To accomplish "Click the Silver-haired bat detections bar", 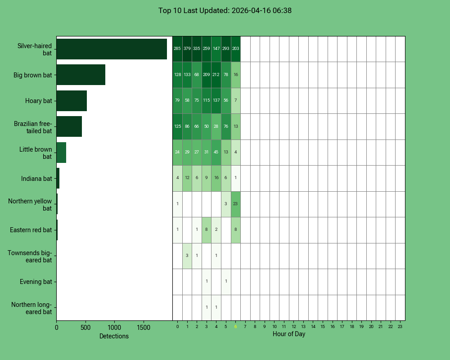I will pos(112,49).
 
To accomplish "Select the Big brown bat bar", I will pos(81,75).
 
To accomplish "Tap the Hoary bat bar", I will pos(72,101).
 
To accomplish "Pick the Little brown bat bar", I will pos(61,153).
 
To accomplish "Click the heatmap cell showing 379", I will pos(187,49).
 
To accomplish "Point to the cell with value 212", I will pos(216,75).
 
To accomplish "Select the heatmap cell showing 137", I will pos(216,100).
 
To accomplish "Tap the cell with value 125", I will pos(177,126).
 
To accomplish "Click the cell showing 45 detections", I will pos(216,152).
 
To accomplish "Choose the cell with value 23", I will pos(235,204).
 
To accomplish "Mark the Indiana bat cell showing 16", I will pos(216,178).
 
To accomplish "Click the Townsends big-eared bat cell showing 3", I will pos(187,256).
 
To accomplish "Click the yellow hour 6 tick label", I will pos(235,327).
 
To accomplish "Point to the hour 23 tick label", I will pos(400,327).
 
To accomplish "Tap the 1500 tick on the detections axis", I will pos(144,328).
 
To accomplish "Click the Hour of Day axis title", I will pos(289,334).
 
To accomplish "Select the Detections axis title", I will pos(114,336).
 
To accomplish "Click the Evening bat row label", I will pos(36,282).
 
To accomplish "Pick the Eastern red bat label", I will pos(31,230).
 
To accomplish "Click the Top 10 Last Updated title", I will pos(225,10).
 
